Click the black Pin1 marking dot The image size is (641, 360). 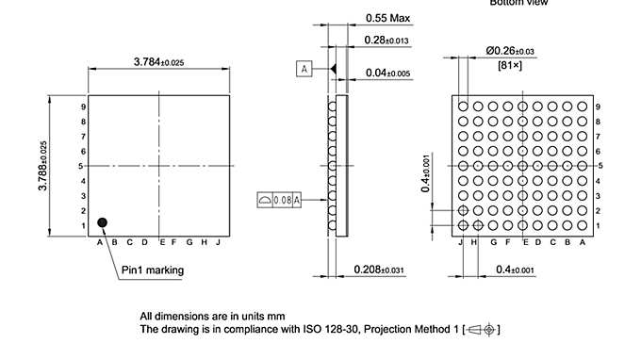click(103, 221)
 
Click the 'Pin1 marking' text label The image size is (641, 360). click(153, 270)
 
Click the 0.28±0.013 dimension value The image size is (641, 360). click(386, 40)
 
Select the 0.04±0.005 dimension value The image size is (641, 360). click(386, 73)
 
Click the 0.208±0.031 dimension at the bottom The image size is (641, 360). click(380, 270)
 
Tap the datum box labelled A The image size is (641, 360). click(304, 69)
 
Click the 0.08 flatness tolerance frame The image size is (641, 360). click(279, 200)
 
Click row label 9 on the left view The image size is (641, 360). click(84, 106)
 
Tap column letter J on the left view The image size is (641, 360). click(218, 242)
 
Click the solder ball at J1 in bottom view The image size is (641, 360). click(463, 225)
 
